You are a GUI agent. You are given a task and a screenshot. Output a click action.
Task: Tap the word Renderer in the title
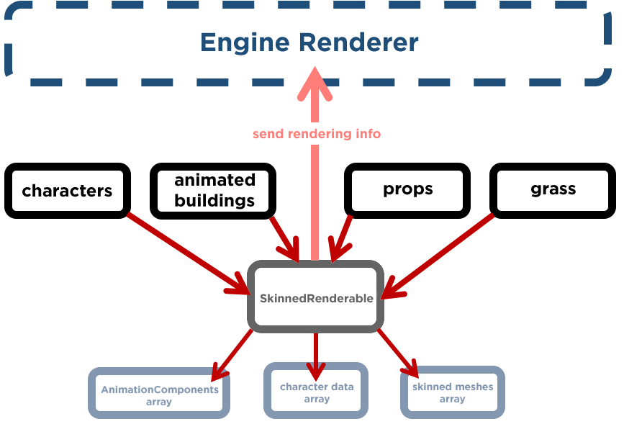(359, 42)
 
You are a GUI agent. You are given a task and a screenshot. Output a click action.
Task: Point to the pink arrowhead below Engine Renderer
(317, 83)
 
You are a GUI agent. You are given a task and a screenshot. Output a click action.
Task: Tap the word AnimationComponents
(159, 389)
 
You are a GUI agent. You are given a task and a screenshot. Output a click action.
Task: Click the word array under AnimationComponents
(159, 402)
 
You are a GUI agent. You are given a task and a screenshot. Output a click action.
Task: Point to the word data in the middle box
(343, 387)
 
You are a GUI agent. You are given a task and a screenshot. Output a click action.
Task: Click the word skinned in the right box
(432, 387)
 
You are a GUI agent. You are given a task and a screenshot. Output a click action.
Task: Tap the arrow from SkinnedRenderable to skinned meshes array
(398, 353)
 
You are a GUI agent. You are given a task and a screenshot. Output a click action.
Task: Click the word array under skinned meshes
(453, 400)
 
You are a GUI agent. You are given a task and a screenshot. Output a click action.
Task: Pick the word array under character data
(317, 399)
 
